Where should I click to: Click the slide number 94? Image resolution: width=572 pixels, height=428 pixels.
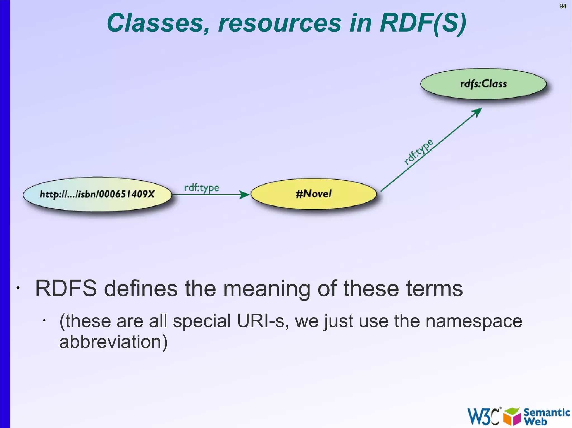tap(563, 6)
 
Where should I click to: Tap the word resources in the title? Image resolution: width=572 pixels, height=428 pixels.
tap(280, 23)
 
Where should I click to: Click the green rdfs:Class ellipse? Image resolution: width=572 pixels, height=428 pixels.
tap(483, 84)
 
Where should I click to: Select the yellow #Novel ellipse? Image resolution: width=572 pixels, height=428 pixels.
tap(313, 194)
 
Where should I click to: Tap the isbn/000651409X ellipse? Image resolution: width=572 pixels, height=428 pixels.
tap(97, 194)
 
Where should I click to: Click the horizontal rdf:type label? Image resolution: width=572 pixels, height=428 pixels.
tap(202, 188)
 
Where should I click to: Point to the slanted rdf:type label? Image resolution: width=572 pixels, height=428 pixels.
tap(418, 152)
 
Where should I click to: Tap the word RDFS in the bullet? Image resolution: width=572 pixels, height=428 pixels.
tap(66, 289)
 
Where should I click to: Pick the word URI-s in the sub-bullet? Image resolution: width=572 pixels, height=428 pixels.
tap(263, 321)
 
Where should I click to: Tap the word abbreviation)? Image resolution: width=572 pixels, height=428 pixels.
tap(113, 342)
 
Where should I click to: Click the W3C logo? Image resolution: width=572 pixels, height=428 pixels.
tap(483, 416)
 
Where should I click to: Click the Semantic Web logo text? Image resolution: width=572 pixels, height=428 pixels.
tap(546, 416)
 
